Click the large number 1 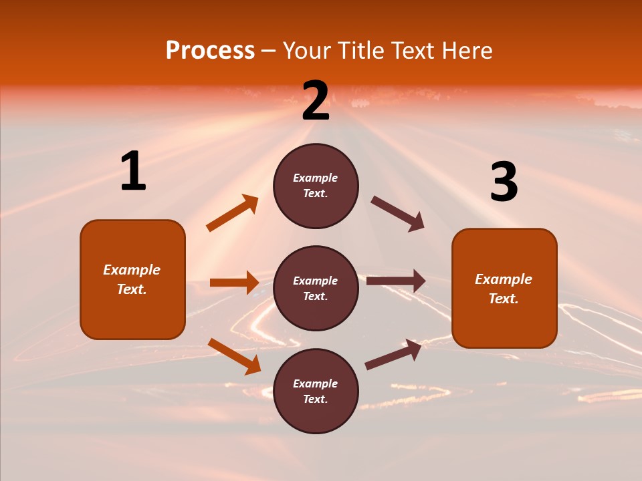coord(133,172)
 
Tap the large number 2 coord(316,102)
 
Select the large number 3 coord(504,182)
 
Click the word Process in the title coord(210,51)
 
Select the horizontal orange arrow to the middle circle coord(234,283)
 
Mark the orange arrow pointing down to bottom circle coord(234,356)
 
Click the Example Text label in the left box coord(132,279)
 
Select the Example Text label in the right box coord(504,289)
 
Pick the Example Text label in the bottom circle coord(316,391)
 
